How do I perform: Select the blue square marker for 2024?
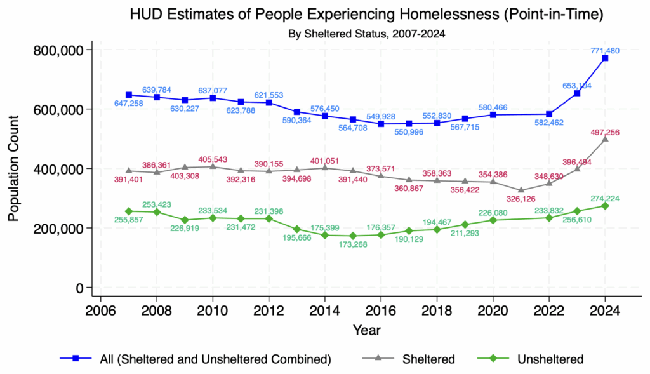(x=606, y=58)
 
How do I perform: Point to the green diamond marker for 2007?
(x=129, y=211)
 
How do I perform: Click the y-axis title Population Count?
(x=14, y=168)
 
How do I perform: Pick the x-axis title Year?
(x=368, y=330)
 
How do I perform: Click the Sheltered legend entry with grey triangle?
(x=428, y=359)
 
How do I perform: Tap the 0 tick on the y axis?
(x=79, y=288)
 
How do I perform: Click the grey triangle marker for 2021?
(x=521, y=190)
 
